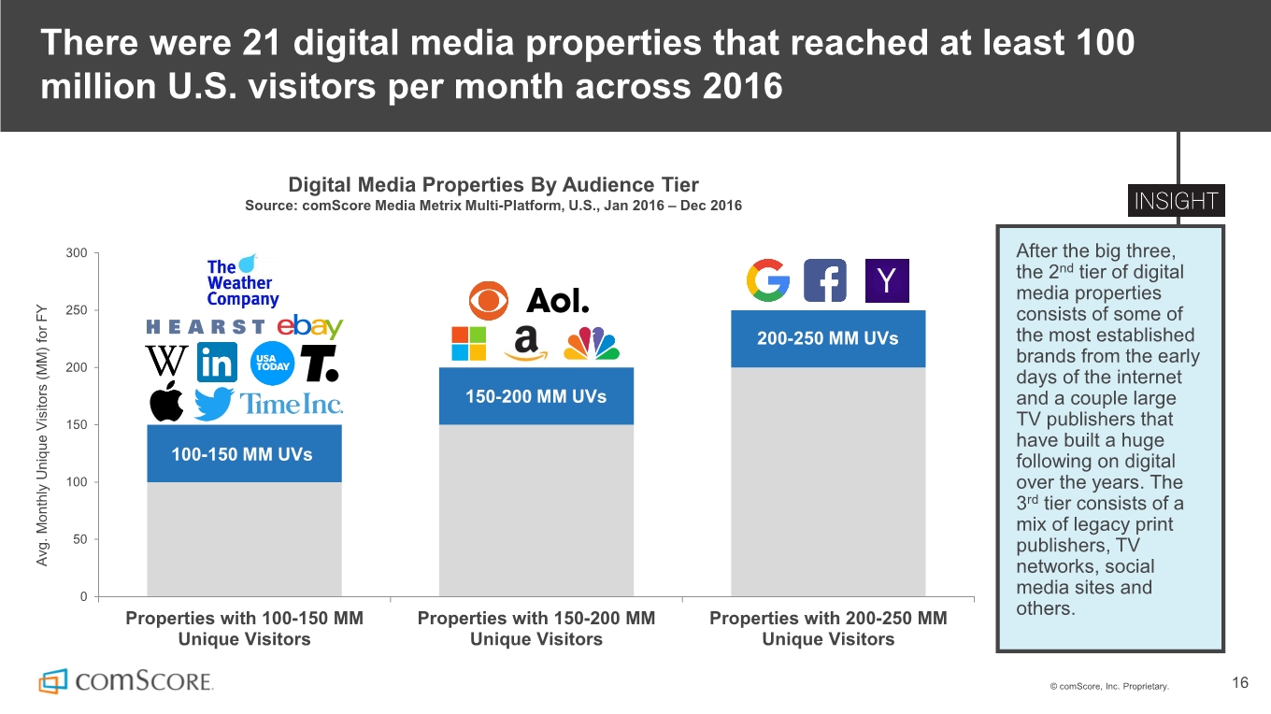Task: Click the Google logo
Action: pyautogui.click(x=768, y=280)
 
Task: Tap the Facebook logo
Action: pyautogui.click(x=825, y=280)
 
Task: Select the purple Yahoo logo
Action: pyautogui.click(x=886, y=280)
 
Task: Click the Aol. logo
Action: pyautogui.click(x=558, y=301)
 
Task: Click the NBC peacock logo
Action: pyautogui.click(x=593, y=344)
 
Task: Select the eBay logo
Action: pyautogui.click(x=310, y=326)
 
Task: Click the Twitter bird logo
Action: pyautogui.click(x=214, y=405)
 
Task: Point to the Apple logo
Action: pyautogui.click(x=166, y=402)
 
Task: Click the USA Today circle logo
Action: pyautogui.click(x=273, y=363)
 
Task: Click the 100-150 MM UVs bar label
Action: pyautogui.click(x=242, y=454)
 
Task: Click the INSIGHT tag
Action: pyautogui.click(x=1177, y=202)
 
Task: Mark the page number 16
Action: pyautogui.click(x=1240, y=683)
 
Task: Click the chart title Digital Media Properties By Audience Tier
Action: pyautogui.click(x=493, y=184)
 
